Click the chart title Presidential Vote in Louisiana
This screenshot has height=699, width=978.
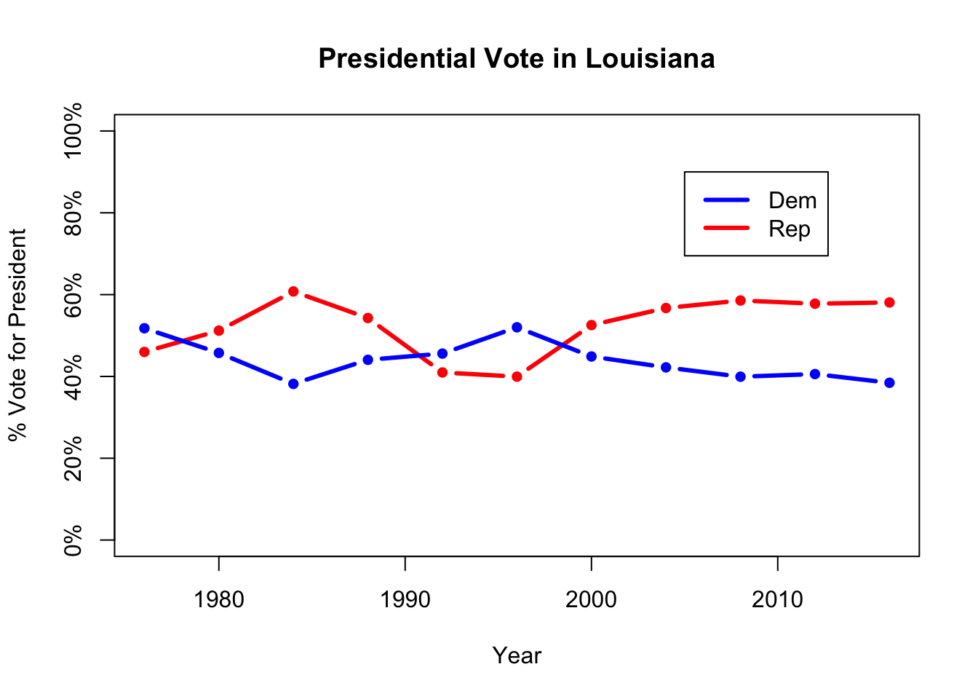516,59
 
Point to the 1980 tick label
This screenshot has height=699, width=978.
218,600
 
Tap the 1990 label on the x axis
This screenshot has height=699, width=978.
405,600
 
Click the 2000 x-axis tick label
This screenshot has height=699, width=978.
591,600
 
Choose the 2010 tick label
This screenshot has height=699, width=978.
777,600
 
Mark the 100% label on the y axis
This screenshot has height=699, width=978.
73,131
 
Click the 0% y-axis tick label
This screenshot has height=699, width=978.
73,540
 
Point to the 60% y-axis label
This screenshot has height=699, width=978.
73,295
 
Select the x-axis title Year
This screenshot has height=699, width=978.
517,656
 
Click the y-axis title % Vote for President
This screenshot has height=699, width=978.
17,335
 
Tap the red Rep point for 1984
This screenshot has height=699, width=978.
293,291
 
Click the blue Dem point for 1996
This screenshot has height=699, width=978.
517,328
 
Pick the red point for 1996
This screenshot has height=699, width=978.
517,376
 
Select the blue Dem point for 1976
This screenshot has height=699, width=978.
144,328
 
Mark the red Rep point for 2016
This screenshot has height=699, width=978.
889,302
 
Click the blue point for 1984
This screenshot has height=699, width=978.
293,384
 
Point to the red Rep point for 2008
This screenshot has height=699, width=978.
740,300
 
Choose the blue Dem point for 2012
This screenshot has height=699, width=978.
815,374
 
